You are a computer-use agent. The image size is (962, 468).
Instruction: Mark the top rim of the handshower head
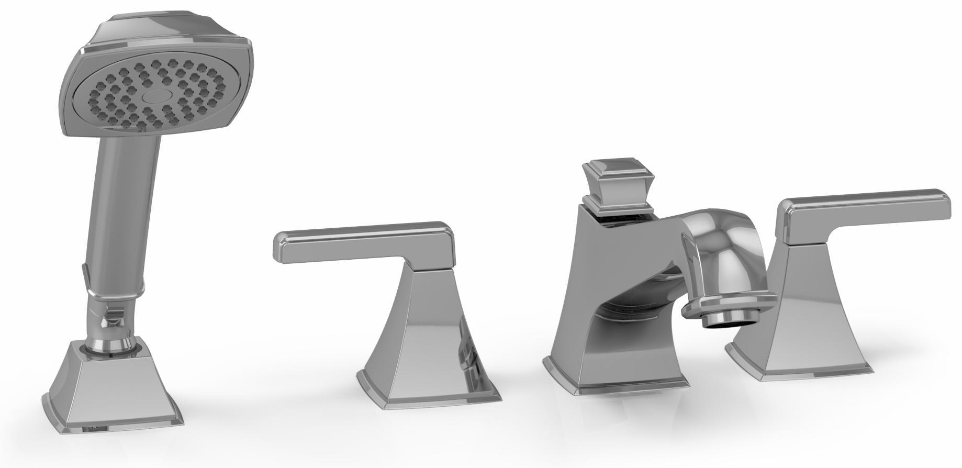[157, 37]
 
